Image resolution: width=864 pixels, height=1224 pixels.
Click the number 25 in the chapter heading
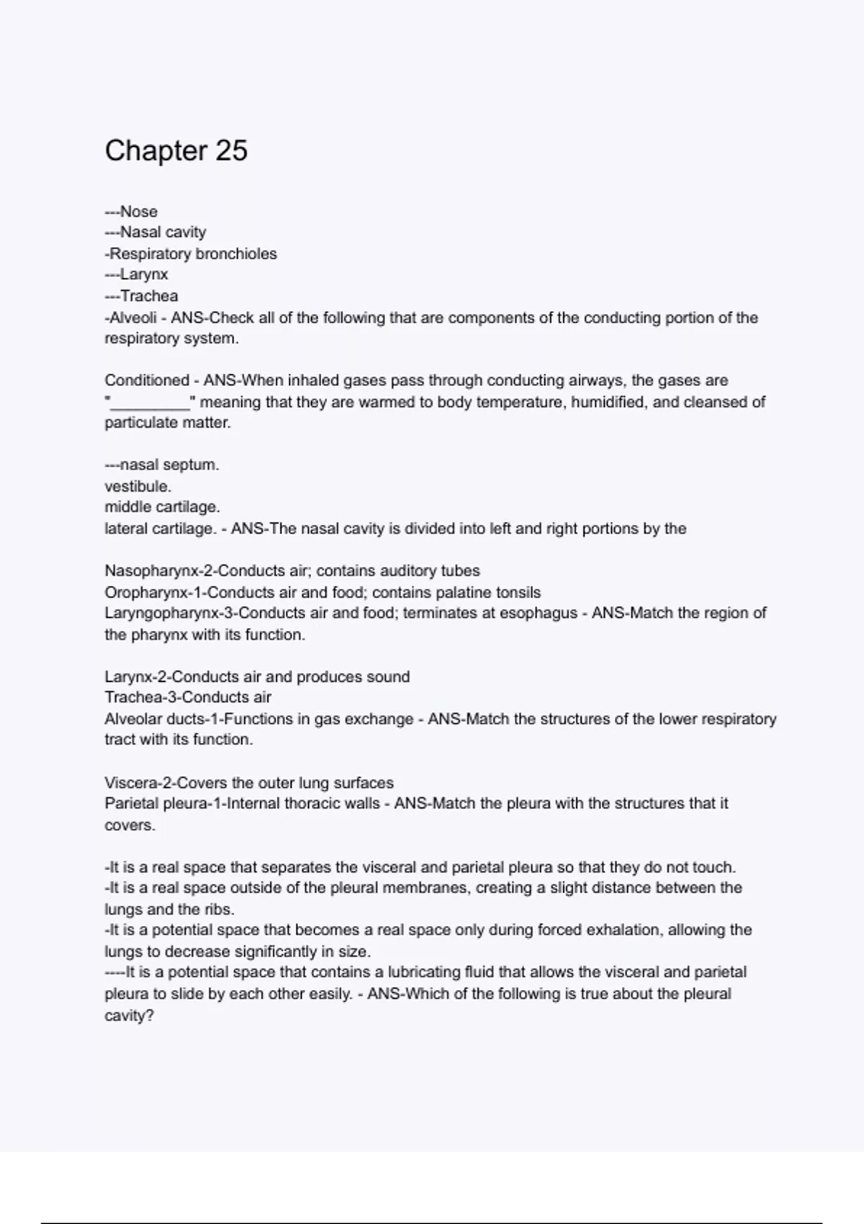point(231,150)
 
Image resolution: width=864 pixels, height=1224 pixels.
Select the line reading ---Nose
point(131,212)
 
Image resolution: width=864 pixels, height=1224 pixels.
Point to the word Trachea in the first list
point(149,296)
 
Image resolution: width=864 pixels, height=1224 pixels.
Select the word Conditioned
point(147,380)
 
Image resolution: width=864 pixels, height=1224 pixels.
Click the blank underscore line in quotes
point(150,403)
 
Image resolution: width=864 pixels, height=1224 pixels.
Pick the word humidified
point(609,402)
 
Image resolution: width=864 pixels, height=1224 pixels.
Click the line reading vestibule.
point(138,486)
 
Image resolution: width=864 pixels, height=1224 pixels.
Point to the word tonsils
point(518,593)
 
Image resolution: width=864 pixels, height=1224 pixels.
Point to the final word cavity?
point(130,1016)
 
